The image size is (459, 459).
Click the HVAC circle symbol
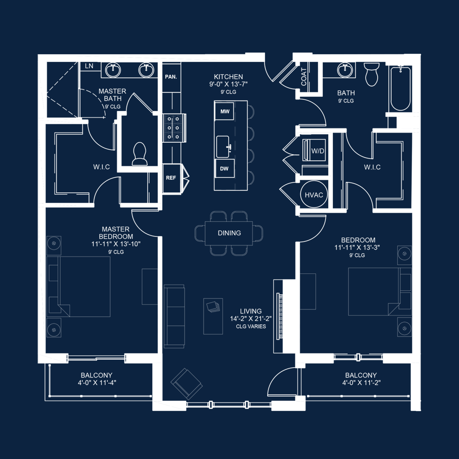[314, 195]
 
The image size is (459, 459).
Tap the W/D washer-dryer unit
[314, 150]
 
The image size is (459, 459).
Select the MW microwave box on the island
[225, 111]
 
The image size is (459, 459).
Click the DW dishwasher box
[225, 168]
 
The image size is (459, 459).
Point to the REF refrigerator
[171, 178]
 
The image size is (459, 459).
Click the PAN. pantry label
[171, 77]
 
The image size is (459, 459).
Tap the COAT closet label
[304, 77]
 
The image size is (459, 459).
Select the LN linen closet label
[89, 66]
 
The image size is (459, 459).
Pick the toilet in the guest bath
[371, 74]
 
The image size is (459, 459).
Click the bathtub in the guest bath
[400, 88]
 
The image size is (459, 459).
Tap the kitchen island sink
[223, 147]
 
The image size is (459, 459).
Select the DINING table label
[229, 233]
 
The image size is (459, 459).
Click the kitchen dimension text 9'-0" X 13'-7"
[228, 84]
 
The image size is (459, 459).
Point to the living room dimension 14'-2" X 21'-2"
[251, 319]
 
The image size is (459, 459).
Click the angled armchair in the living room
[187, 384]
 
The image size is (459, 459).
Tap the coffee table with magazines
[213, 316]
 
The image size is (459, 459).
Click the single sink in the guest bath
[345, 70]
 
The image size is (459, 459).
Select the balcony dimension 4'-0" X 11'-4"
[97, 383]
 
